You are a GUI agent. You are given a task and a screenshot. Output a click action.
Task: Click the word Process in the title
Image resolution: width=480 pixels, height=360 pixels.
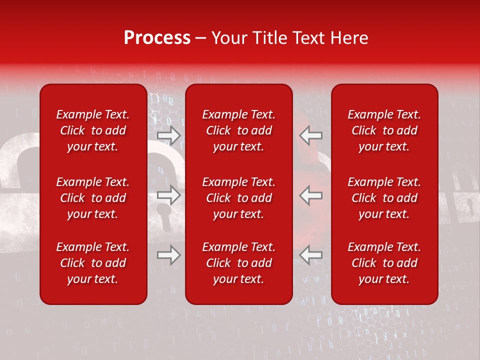pos(157,38)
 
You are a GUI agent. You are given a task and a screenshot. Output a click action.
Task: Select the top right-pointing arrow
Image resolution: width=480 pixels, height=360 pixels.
pos(168,135)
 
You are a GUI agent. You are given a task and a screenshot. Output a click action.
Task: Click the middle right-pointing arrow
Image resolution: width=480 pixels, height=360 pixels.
pos(168,195)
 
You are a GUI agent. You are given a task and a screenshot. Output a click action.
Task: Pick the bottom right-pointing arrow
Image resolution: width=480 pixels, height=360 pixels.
pos(168,255)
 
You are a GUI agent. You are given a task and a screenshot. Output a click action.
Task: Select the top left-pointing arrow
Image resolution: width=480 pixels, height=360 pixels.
pos(311,135)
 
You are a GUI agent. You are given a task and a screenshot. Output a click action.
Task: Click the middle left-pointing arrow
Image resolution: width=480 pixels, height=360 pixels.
pos(311,195)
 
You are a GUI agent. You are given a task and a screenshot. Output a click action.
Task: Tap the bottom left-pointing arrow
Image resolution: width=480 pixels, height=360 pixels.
pos(311,255)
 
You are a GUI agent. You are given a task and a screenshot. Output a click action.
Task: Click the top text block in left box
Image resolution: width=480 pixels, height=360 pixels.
pos(93,130)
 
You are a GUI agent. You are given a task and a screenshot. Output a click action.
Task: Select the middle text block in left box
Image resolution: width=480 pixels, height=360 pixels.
pos(93,198)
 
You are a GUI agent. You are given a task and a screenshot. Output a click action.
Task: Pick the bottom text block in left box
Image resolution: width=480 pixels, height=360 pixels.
pos(93,263)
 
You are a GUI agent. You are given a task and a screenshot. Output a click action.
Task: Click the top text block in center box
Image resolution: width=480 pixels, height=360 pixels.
pos(239,130)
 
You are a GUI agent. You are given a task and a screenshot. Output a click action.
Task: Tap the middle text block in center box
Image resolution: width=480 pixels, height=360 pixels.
pos(239,198)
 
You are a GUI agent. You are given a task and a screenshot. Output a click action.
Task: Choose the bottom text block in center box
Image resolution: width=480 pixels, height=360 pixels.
pos(239,263)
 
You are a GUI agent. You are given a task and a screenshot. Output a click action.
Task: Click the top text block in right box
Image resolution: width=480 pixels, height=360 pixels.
pos(384,130)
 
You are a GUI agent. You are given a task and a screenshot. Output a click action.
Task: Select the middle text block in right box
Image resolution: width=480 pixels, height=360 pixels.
pos(384,198)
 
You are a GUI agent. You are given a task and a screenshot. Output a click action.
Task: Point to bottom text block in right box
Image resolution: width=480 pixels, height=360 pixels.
pos(384,263)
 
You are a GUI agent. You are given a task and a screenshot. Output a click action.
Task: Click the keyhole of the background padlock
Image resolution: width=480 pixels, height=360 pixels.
pos(163,210)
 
